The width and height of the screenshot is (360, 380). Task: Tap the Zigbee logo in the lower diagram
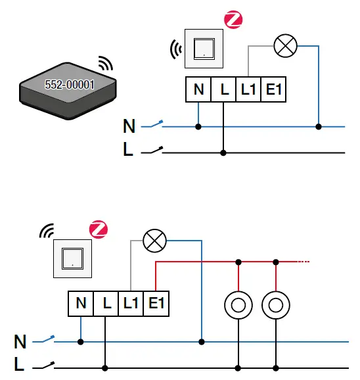[x=98, y=230]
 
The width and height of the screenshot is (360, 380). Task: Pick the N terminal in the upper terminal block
[x=198, y=90]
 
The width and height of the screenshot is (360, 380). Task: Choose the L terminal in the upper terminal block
[x=224, y=90]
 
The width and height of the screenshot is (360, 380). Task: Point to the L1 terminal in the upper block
[x=248, y=90]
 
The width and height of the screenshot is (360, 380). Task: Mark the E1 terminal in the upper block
[x=273, y=90]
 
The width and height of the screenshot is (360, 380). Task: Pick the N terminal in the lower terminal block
[x=81, y=303]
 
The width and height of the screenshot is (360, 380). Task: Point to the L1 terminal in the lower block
[x=130, y=303]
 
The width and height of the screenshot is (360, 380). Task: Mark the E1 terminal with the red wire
[x=155, y=303]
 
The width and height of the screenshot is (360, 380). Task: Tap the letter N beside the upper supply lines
[x=129, y=127]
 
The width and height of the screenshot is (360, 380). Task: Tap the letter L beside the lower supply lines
[x=20, y=364]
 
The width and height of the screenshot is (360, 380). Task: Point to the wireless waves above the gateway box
[x=104, y=64]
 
